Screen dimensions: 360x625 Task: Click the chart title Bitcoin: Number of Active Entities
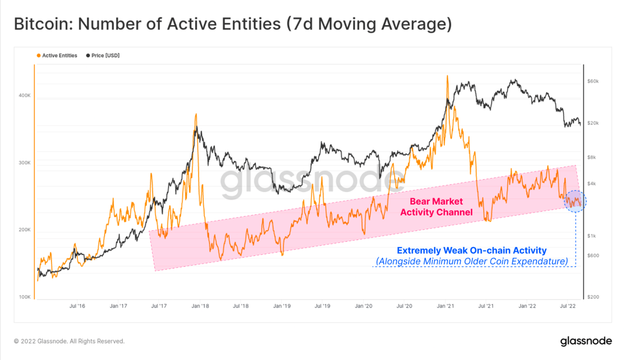click(233, 24)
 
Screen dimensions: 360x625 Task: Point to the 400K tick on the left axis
click(24, 95)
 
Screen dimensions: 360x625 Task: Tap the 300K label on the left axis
click(24, 163)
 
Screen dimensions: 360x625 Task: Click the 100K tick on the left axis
click(24, 297)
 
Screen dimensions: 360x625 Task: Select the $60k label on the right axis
click(593, 82)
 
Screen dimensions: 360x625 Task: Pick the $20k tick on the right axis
click(593, 123)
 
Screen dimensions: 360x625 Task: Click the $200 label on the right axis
click(593, 297)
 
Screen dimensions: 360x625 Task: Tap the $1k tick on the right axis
click(591, 236)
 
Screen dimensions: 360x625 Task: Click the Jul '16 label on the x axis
click(77, 306)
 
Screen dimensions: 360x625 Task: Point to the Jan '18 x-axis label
click(200, 306)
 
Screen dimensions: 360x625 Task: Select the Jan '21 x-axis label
click(446, 306)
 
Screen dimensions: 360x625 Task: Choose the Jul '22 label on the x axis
click(568, 306)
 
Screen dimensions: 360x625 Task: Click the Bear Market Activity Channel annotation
click(436, 207)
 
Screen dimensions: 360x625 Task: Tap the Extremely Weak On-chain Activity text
click(471, 251)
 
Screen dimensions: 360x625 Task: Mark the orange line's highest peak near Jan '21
click(447, 76)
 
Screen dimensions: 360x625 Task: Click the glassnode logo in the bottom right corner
click(586, 341)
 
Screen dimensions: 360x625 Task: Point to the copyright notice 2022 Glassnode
click(69, 341)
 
